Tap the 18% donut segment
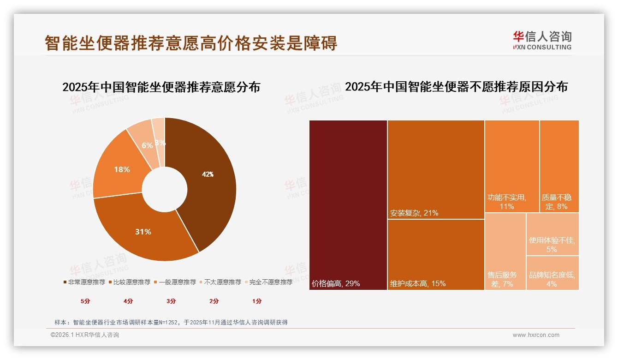point(122,169)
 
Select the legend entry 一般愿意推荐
point(178,282)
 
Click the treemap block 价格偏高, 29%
point(348,205)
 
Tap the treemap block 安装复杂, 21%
point(436,169)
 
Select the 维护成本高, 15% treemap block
point(436,254)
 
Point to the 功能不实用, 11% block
point(511,166)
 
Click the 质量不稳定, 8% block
point(559,166)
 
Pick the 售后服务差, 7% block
point(505,252)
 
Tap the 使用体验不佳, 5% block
point(552,234)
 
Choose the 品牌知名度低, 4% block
point(552,273)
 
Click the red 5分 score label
point(85,301)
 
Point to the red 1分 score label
point(257,301)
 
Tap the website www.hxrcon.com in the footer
point(536,335)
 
